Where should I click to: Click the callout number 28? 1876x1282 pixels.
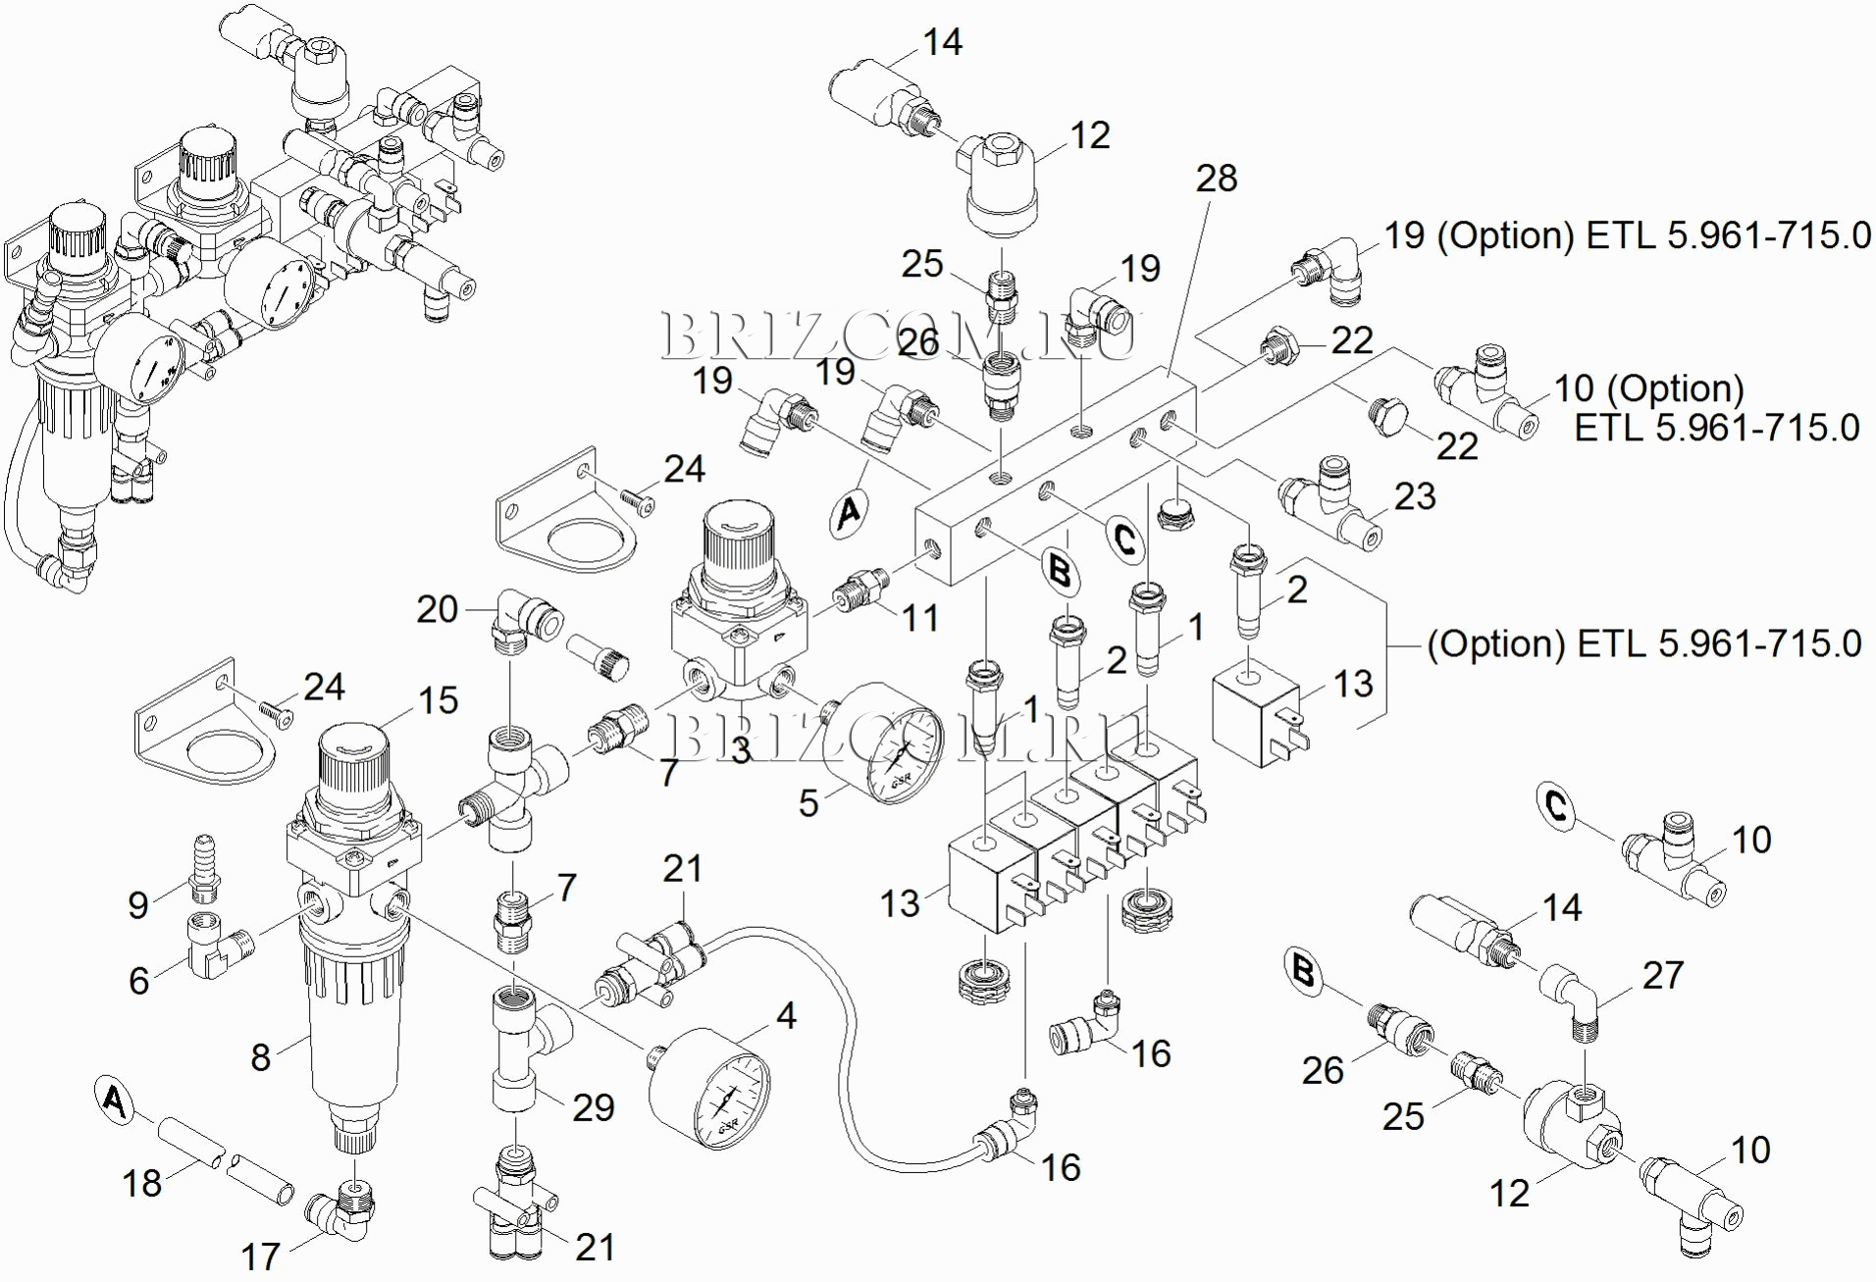1217,179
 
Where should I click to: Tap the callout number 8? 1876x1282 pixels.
260,1056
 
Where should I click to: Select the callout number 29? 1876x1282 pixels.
593,1107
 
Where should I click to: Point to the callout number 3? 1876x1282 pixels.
740,750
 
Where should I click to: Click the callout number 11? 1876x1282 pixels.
920,618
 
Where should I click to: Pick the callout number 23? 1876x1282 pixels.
1415,496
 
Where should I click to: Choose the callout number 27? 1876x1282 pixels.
1662,975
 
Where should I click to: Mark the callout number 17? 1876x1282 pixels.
260,1256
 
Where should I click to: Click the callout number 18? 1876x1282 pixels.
141,1183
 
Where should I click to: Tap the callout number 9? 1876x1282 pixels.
138,904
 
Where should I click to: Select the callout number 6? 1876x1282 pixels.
138,980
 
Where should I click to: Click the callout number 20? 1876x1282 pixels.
437,609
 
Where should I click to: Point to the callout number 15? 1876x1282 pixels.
438,700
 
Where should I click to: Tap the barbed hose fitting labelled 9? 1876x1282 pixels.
203,865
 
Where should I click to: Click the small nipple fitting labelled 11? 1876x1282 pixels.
862,590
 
